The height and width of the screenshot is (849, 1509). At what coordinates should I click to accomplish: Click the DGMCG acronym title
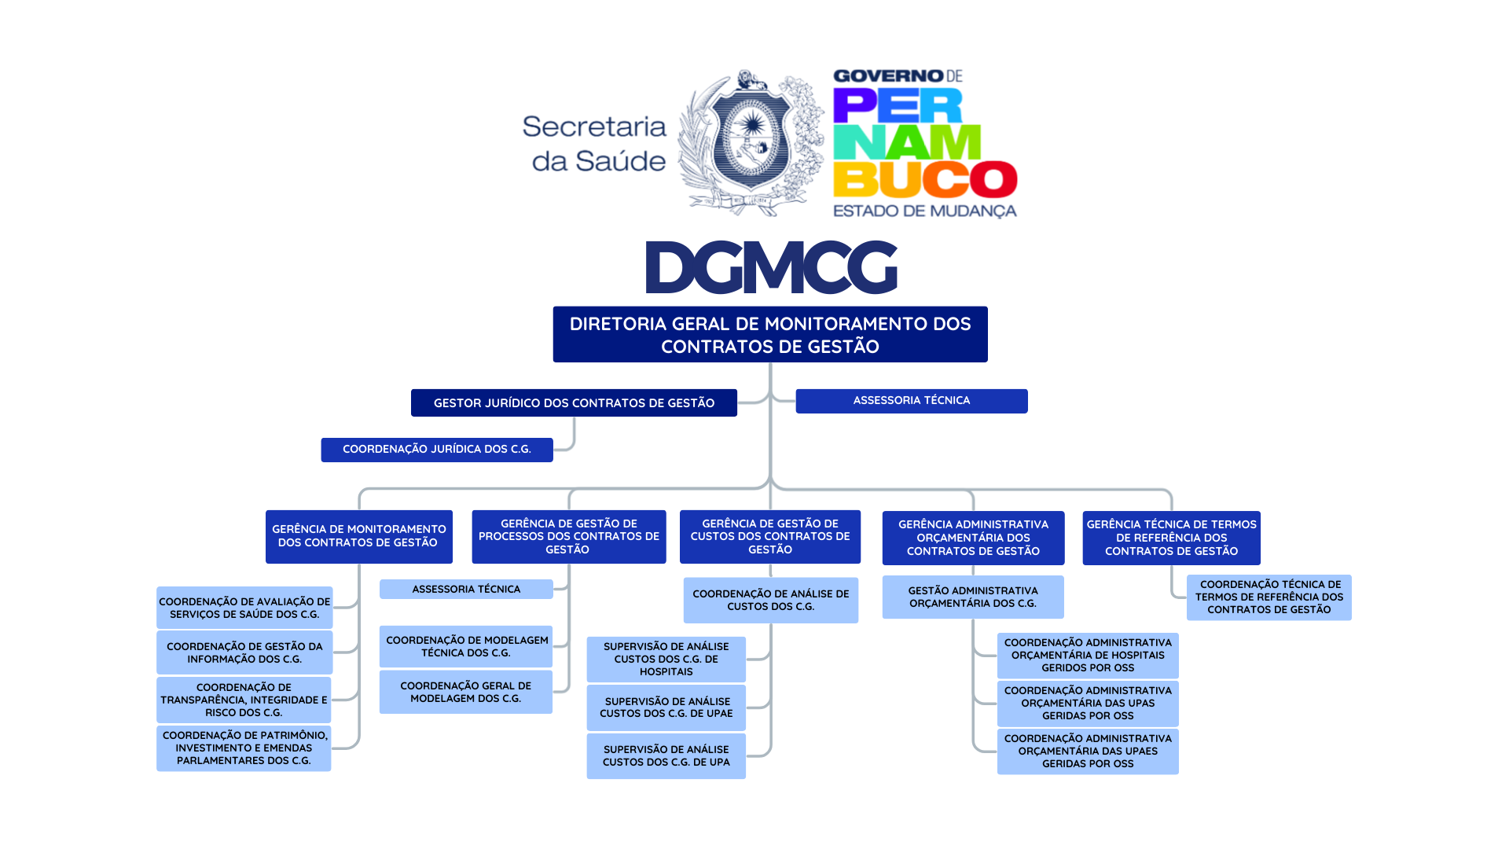[x=771, y=267]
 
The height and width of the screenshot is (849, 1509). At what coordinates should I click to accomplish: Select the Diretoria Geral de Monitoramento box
[x=770, y=335]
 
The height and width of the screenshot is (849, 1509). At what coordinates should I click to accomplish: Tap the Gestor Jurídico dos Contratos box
[x=574, y=403]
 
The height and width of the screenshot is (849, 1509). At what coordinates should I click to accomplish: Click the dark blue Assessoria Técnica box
[x=912, y=401]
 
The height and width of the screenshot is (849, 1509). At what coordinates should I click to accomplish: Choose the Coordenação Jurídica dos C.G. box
[x=437, y=450]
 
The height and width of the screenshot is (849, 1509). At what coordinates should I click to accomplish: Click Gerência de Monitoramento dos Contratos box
[x=359, y=536]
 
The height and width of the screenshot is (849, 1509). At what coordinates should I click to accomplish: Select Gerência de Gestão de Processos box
[x=569, y=537]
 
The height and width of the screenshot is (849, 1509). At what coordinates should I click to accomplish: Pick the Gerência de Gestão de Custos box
[x=770, y=537]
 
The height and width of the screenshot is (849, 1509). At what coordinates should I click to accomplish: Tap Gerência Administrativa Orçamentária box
[x=973, y=538]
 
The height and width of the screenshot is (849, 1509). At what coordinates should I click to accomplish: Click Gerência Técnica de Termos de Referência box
[x=1171, y=538]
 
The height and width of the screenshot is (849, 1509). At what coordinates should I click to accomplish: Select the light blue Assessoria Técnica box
[x=466, y=590]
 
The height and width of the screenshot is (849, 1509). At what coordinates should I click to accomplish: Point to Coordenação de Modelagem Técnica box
[x=466, y=647]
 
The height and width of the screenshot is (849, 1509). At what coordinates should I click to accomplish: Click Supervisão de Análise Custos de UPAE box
[x=666, y=707]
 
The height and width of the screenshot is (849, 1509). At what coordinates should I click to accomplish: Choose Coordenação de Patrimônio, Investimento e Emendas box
[x=244, y=748]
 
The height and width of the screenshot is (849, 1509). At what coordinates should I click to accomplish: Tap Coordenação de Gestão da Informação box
[x=244, y=652]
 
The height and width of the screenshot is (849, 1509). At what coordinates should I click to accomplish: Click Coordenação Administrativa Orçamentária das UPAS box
[x=1088, y=704]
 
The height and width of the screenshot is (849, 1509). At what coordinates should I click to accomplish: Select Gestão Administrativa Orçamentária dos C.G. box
[x=973, y=597]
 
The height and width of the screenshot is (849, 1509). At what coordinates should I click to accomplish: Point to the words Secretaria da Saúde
[x=595, y=144]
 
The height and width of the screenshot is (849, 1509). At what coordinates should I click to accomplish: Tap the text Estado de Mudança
[x=925, y=211]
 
